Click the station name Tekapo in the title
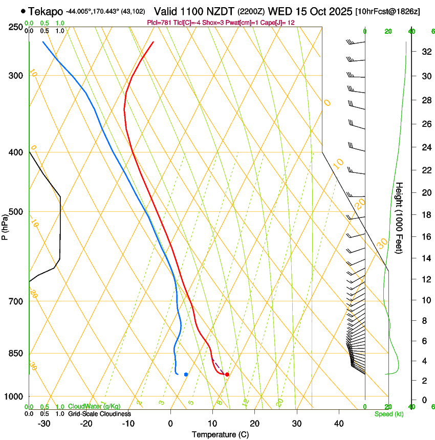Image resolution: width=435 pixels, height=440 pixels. click(46, 11)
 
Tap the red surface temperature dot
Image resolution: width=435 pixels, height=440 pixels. click(227, 375)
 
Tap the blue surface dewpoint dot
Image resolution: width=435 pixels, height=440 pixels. click(186, 375)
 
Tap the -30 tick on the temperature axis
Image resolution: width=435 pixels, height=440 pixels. click(44, 424)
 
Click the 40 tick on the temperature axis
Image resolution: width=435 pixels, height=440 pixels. click(339, 424)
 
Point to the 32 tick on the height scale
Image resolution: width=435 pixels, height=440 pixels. click(425, 52)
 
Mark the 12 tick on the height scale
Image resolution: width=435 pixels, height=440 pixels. click(425, 279)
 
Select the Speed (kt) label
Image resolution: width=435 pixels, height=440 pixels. click(388, 414)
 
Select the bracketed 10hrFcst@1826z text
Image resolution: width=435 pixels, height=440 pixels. click(387, 11)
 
